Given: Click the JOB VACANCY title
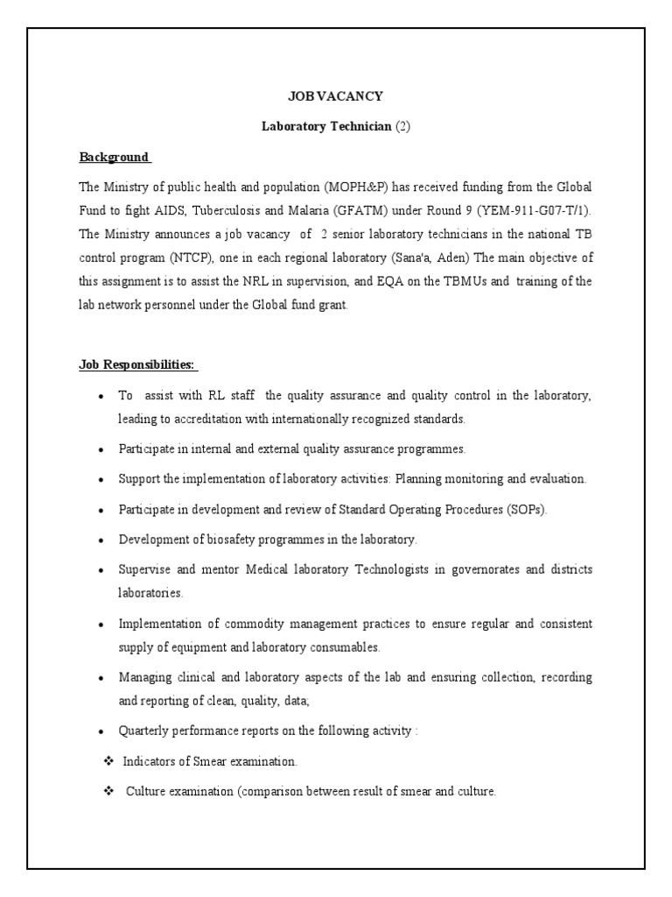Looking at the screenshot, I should (336, 95).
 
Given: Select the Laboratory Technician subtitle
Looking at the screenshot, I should (336, 126).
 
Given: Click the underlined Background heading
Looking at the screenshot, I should (115, 157).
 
